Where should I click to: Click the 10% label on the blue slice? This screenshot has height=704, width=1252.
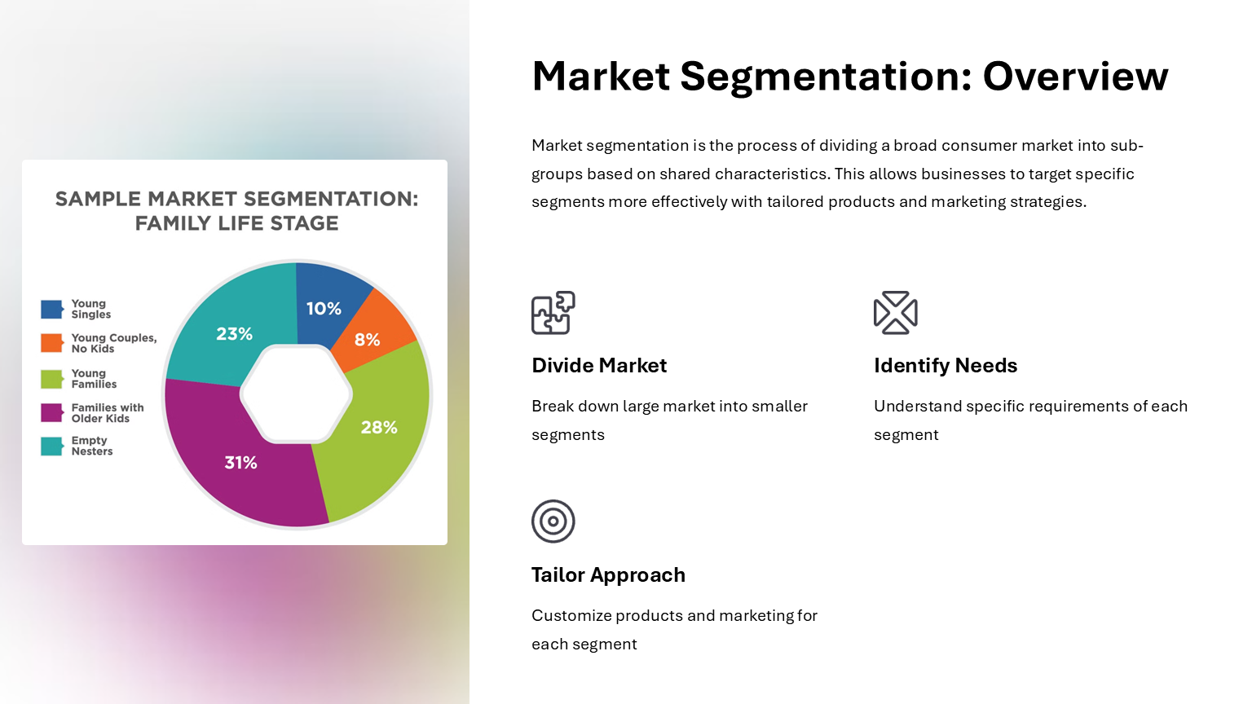pyautogui.click(x=324, y=309)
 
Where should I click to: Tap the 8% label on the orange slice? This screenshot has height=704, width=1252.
pyautogui.click(x=368, y=339)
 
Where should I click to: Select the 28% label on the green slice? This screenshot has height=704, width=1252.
pyautogui.click(x=379, y=428)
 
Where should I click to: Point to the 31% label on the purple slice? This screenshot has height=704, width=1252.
pyautogui.click(x=241, y=463)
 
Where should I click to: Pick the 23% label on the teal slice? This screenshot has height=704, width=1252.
pyautogui.click(x=234, y=334)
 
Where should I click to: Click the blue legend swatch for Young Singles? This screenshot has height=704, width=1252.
pyautogui.click(x=52, y=310)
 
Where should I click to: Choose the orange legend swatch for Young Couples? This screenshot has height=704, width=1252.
pyautogui.click(x=52, y=343)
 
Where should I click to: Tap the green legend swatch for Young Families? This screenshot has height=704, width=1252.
pyautogui.click(x=52, y=379)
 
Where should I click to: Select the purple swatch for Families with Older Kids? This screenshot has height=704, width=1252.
pyautogui.click(x=52, y=413)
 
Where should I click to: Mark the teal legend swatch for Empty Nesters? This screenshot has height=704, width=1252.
pyautogui.click(x=52, y=447)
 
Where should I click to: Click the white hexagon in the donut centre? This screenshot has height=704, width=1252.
pyautogui.click(x=296, y=394)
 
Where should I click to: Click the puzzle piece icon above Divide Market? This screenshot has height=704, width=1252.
pyautogui.click(x=553, y=313)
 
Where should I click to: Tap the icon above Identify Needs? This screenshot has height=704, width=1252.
pyautogui.click(x=896, y=313)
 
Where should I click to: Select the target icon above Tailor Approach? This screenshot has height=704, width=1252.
pyautogui.click(x=553, y=521)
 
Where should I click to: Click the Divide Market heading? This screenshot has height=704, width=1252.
pyautogui.click(x=599, y=365)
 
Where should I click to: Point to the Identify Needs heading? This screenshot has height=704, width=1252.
pyautogui.click(x=946, y=365)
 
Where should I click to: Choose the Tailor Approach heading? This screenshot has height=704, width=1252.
pyautogui.click(x=608, y=575)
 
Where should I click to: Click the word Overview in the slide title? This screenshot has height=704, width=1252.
pyautogui.click(x=1075, y=76)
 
